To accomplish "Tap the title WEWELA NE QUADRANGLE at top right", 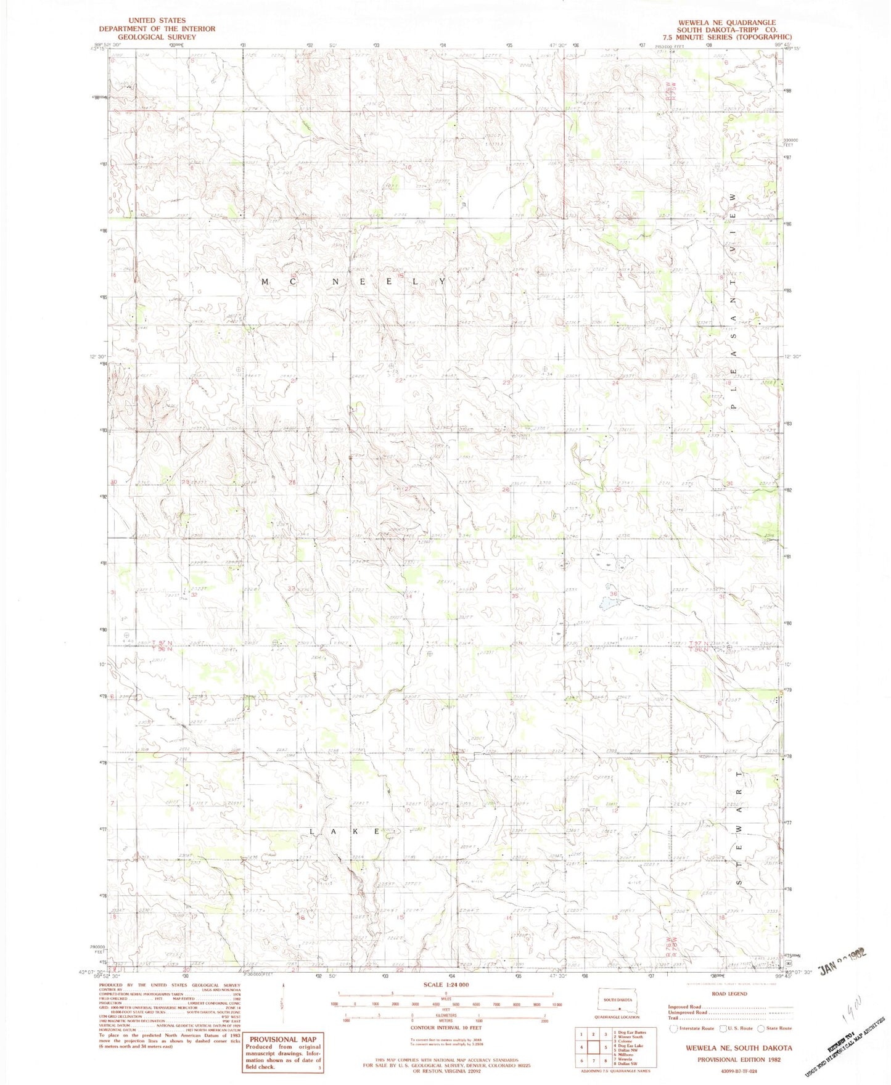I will click(726, 22).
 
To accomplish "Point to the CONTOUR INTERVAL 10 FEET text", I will click(445, 1028).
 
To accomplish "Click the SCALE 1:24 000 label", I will click(445, 985).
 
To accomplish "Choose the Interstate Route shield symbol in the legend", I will click(674, 1028).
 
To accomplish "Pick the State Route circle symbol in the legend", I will click(760, 1028).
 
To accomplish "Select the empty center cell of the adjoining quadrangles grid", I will click(594, 1047).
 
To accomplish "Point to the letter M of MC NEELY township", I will click(266, 281).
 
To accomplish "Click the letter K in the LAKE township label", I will click(355, 832).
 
